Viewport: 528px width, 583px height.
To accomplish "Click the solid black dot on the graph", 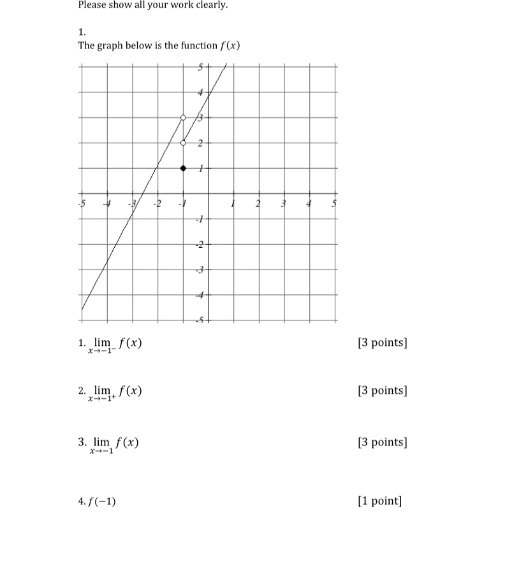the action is pyautogui.click(x=183, y=168).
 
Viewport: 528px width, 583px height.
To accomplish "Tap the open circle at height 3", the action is pyautogui.click(x=183, y=117).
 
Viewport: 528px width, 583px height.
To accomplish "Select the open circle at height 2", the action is pyautogui.click(x=183, y=143).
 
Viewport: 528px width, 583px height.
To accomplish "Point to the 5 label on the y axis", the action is pyautogui.click(x=200, y=67).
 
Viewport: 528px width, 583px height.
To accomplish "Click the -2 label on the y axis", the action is pyautogui.click(x=199, y=245).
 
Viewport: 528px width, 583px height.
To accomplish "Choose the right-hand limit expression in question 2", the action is pyautogui.click(x=117, y=392).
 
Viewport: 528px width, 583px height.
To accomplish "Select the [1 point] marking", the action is pyautogui.click(x=380, y=501).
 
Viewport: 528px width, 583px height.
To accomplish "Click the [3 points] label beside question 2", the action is pyautogui.click(x=383, y=390).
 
